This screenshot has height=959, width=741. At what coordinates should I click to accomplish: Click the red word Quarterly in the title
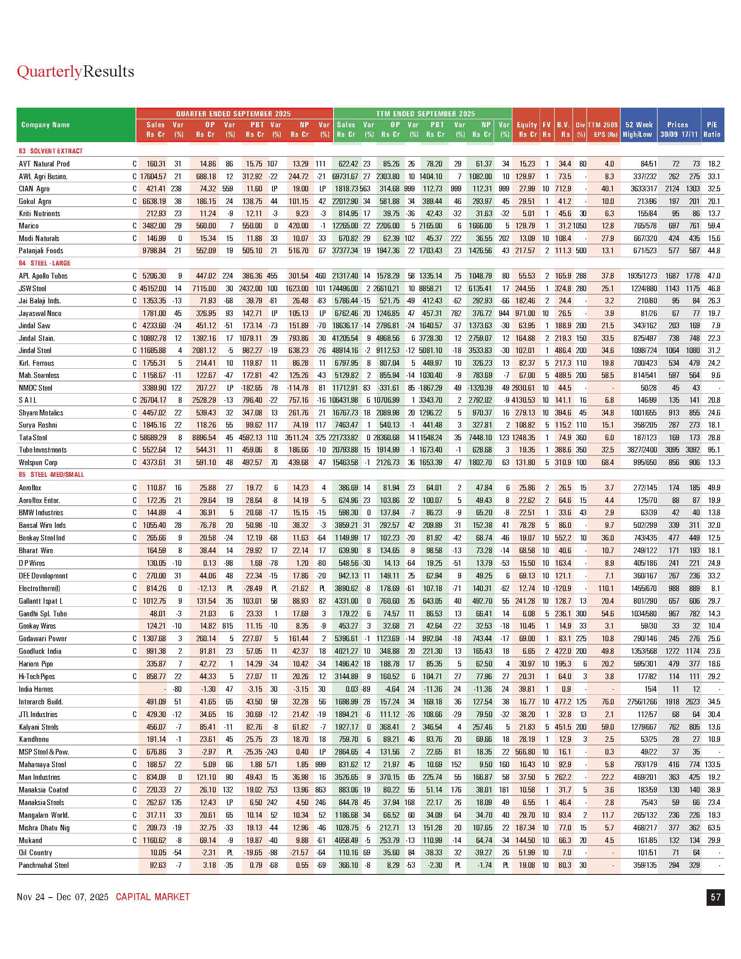click(x=49, y=71)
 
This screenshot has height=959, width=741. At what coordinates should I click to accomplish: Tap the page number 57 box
click(x=715, y=897)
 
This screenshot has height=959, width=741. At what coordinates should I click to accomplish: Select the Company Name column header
click(x=46, y=125)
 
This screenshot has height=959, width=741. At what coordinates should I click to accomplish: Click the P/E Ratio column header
click(x=712, y=129)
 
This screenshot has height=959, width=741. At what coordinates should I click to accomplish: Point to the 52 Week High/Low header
click(x=638, y=129)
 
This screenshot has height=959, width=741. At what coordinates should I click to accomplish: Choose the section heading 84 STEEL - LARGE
click(x=44, y=263)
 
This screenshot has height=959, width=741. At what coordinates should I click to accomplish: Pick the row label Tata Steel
click(x=33, y=437)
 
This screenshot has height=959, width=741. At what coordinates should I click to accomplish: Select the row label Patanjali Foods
click(x=41, y=251)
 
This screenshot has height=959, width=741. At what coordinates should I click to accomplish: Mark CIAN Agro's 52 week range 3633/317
click(x=642, y=189)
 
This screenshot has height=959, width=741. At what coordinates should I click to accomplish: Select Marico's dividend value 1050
click(x=579, y=226)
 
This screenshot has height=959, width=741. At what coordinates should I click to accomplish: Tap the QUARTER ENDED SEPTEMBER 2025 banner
click(x=234, y=114)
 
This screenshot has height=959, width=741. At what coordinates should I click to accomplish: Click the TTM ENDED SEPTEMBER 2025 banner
click(x=425, y=114)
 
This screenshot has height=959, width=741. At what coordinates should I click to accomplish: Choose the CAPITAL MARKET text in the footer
click(x=153, y=897)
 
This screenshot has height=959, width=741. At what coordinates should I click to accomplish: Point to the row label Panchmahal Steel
click(x=44, y=865)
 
